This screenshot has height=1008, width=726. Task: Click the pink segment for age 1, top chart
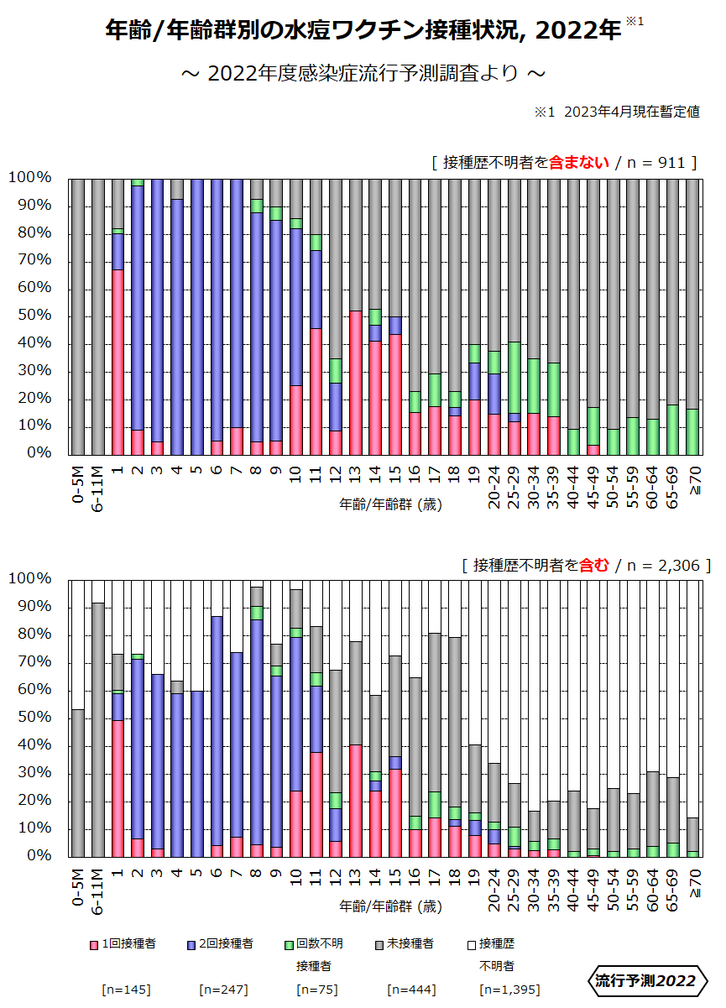coord(118,362)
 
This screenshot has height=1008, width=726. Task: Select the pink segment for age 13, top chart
coord(356,383)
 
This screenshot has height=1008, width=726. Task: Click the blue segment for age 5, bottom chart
coord(197,773)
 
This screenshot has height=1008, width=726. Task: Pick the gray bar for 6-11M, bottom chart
coord(98,729)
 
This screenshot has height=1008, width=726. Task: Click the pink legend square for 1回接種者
coord(93,944)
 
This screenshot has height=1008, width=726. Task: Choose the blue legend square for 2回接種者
coord(191,944)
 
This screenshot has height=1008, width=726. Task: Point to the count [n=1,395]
coord(509,990)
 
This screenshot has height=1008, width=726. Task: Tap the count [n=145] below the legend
coord(126,990)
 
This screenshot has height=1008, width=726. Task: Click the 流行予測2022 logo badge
coord(645,980)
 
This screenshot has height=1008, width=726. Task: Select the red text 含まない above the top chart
coord(579,163)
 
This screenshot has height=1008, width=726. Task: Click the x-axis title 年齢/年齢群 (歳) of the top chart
coord(391,504)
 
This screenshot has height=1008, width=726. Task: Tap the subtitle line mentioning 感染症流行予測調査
coord(363,74)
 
